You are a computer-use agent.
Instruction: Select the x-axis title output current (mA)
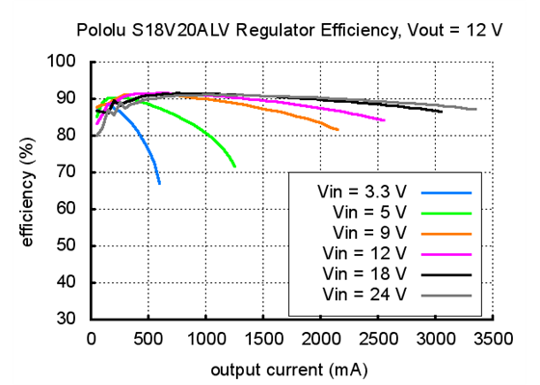point(289,369)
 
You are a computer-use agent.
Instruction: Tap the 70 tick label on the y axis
point(67,172)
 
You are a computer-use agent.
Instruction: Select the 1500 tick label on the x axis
point(264,339)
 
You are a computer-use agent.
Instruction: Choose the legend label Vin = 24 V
point(366,294)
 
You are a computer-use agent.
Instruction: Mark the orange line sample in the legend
point(445,233)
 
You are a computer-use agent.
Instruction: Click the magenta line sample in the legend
point(445,253)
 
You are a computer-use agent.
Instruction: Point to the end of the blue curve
point(160,183)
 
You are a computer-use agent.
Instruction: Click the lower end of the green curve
point(235,167)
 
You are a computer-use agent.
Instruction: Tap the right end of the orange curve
point(337,129)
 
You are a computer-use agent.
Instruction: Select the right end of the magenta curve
point(385,120)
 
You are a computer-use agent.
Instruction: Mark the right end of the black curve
point(442,112)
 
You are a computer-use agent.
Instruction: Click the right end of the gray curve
point(476,109)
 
